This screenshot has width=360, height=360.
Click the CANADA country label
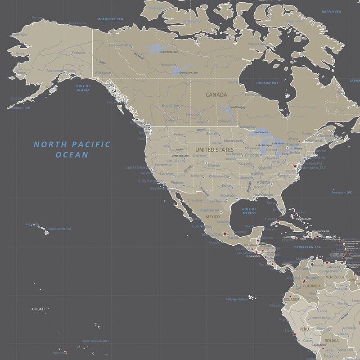coord(216,95)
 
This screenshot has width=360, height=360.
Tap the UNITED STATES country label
coord(214,149)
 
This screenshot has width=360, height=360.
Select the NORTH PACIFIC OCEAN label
coord(72,149)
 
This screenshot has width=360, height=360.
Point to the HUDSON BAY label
coord(267,83)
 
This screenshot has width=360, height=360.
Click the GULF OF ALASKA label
coord(83,88)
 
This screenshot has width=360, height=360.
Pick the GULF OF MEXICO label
coord(249,211)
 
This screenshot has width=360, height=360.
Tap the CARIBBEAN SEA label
coord(307,247)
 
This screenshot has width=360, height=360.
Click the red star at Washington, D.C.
coord(295,166)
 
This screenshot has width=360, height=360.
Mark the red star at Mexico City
coord(225,234)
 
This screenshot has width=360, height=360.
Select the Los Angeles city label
coord(151,181)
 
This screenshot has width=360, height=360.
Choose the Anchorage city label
coord(55,71)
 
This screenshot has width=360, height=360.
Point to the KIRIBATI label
coord(38,309)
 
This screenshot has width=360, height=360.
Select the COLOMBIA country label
coord(312,286)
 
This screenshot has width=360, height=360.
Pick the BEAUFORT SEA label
coord(111,19)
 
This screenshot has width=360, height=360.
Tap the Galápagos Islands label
coord(237,299)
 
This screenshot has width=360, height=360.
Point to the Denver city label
coord(214,165)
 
